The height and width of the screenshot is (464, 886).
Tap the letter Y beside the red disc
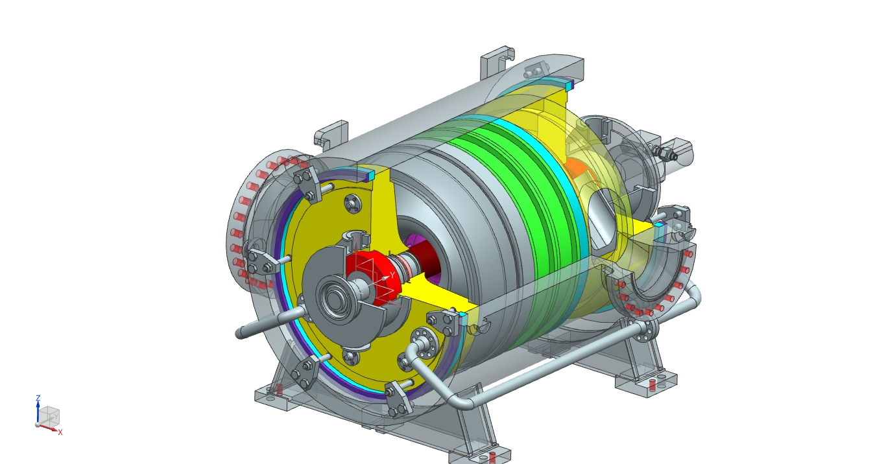392,275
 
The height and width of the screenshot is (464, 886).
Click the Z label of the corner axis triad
38,398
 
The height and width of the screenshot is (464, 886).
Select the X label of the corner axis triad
60,432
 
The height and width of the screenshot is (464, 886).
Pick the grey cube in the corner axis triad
49,415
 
